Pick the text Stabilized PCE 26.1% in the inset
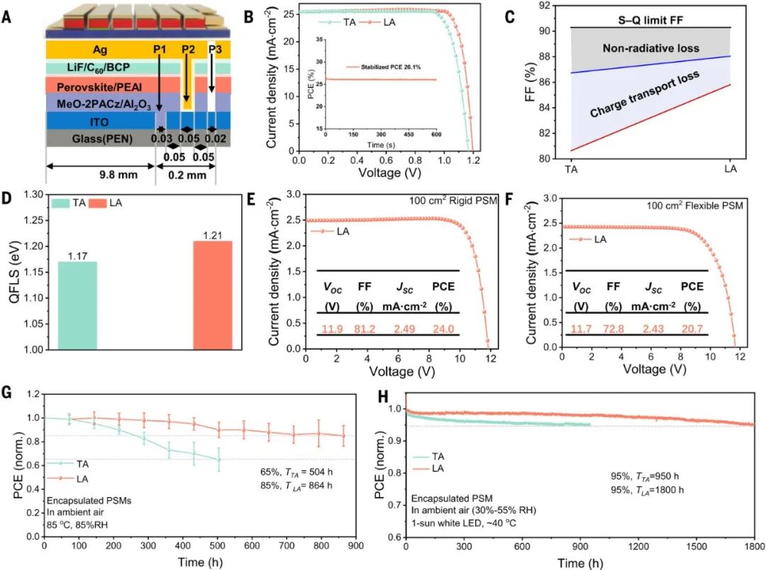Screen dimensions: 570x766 383,67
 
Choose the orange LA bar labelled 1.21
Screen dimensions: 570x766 212,295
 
